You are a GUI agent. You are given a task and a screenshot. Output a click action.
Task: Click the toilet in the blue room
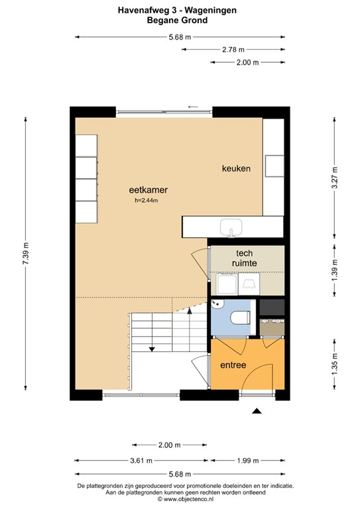point(240,317)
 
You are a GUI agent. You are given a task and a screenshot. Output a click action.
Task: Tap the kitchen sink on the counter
point(231,227)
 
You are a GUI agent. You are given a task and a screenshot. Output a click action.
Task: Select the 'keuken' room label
point(236,168)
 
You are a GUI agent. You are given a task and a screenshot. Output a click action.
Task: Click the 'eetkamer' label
point(148,190)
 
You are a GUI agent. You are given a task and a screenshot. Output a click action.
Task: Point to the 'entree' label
point(233,365)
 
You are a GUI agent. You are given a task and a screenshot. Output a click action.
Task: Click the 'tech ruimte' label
point(245,258)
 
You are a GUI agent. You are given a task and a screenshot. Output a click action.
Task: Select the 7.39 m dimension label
point(26,253)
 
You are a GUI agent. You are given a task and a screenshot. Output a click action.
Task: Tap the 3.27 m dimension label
point(335,178)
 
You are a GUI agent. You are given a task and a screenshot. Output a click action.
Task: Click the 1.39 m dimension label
point(335,270)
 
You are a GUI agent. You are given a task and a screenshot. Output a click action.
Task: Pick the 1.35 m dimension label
point(335,365)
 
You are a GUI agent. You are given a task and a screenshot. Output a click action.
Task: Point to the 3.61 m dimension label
point(141,461)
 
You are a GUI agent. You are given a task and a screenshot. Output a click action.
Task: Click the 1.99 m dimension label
point(248,461)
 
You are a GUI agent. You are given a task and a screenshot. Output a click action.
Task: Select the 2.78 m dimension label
point(233,50)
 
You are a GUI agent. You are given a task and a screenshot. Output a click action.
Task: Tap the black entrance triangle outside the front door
point(257,411)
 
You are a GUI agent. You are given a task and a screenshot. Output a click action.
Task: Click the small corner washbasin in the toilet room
point(217,304)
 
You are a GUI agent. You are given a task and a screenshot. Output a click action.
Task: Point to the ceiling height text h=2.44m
point(147,201)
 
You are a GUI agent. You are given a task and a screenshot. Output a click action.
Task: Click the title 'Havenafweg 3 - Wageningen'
point(177,11)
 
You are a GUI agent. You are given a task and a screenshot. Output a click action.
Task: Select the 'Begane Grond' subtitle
point(177,20)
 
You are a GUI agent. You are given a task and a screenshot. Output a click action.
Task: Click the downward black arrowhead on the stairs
point(152,349)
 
